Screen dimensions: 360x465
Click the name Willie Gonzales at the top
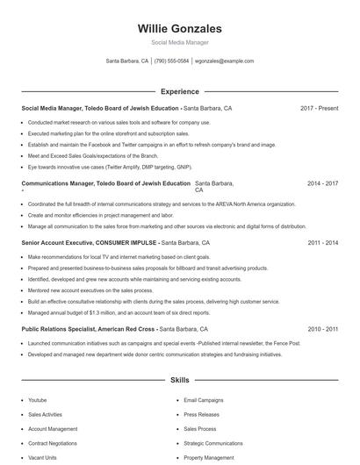tap(179, 29)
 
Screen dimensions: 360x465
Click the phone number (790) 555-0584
tap(171, 61)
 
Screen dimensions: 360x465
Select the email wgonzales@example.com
tap(224, 61)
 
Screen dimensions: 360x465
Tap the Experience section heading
tap(179, 91)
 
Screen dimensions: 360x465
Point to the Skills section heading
tap(179, 382)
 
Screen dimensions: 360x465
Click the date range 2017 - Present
tap(319, 109)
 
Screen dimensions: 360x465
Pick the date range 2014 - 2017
tap(322, 184)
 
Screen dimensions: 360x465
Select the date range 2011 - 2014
tap(322, 243)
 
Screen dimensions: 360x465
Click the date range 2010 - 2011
tap(322, 328)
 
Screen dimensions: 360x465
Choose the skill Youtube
tap(37, 400)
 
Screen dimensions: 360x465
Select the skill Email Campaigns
tap(204, 400)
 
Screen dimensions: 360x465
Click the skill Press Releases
tap(201, 414)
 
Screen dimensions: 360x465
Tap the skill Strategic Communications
tap(213, 443)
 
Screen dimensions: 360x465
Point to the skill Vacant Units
tap(42, 457)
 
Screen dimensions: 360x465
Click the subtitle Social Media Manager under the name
tap(179, 42)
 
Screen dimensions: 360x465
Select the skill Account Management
tap(53, 429)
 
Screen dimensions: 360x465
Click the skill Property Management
tap(209, 457)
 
